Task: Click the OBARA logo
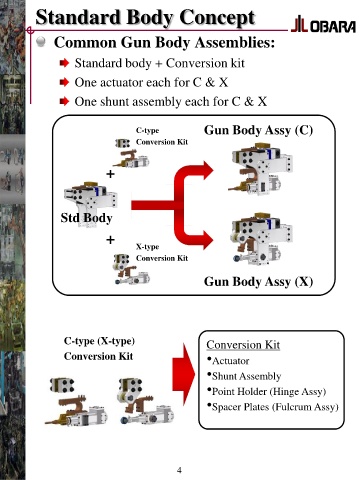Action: coord(323,24)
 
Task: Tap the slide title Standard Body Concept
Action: coord(145,17)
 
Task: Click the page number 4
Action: coord(179,470)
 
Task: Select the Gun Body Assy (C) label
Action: coord(258,130)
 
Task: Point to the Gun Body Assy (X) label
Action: coord(258,281)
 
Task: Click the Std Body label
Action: coord(86,218)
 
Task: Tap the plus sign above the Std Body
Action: coord(110,174)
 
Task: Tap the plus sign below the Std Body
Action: coord(110,240)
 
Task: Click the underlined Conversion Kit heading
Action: coord(243,345)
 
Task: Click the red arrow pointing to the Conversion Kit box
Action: coord(184,374)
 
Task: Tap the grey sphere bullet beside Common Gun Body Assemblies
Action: coord(41,42)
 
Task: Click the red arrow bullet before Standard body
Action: coord(64,63)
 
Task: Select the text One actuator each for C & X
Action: coord(151,82)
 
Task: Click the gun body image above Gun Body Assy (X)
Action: coord(262,239)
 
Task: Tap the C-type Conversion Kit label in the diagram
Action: coord(162,136)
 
